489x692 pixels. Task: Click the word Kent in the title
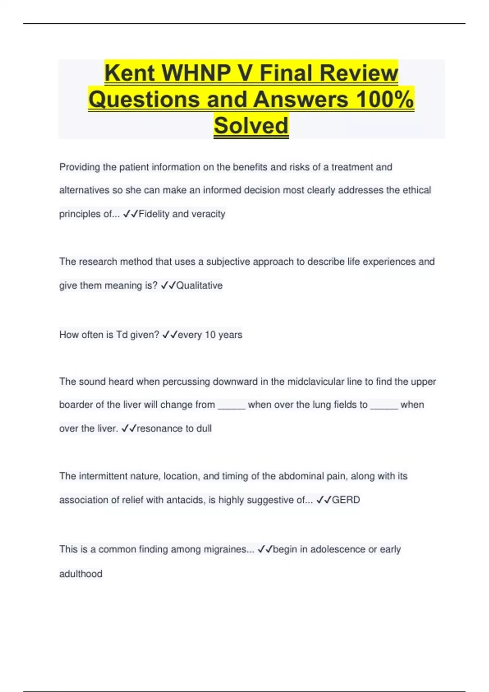(x=130, y=73)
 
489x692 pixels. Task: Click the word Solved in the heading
(x=251, y=125)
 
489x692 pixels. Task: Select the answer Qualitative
(x=199, y=285)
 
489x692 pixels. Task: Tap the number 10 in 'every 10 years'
(x=210, y=335)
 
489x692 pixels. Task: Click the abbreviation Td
(x=122, y=335)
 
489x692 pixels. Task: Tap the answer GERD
(x=346, y=500)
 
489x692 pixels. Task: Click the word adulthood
(x=81, y=574)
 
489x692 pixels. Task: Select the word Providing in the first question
(x=79, y=167)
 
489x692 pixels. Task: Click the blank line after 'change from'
(x=231, y=406)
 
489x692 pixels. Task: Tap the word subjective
(x=228, y=262)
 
